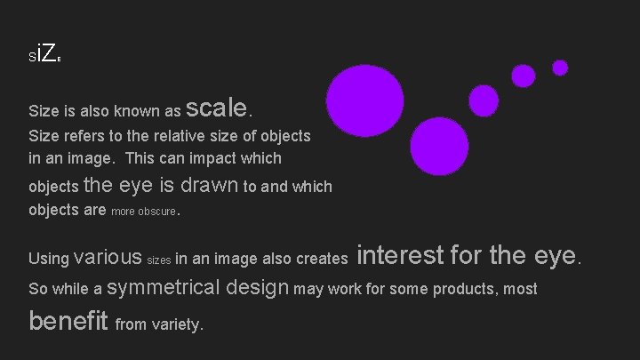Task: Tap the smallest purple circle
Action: point(560,68)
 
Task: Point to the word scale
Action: point(218,108)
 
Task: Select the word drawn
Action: point(209,185)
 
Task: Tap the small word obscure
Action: point(157,212)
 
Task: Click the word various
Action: point(108,258)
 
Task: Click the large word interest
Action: point(399,256)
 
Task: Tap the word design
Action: point(258,288)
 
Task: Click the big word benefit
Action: point(68,320)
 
